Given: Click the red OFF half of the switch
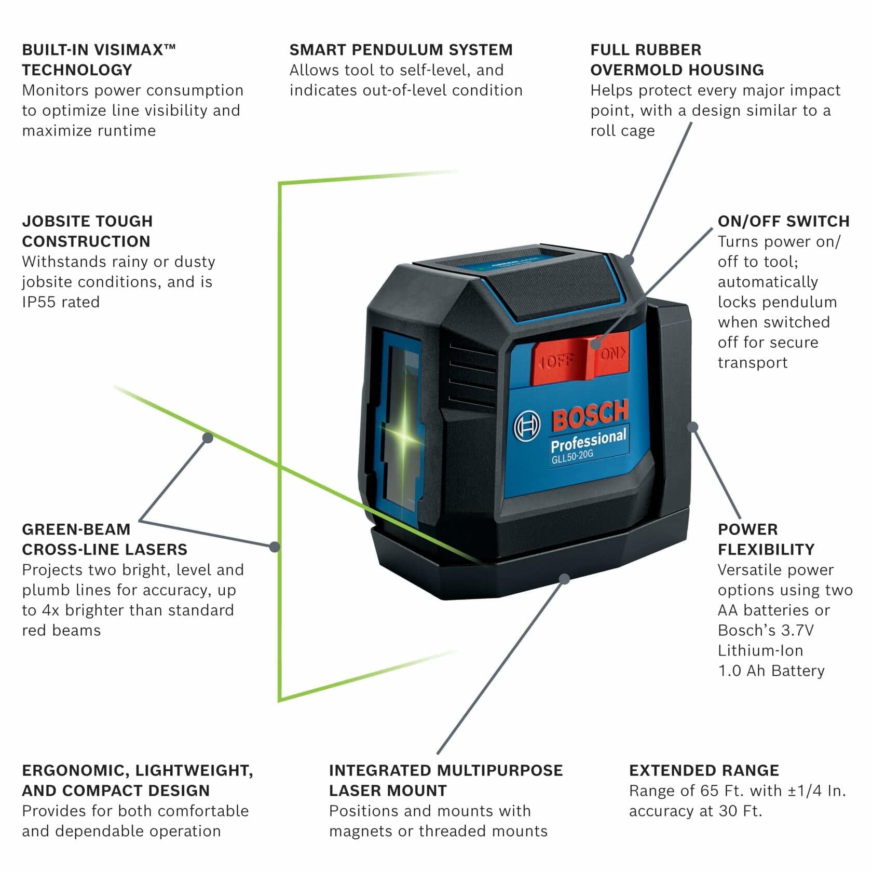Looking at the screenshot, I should [x=558, y=361].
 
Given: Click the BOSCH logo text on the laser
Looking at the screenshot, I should [x=590, y=414].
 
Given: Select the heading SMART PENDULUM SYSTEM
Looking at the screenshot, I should [x=401, y=50].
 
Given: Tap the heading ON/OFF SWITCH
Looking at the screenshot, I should [x=783, y=221].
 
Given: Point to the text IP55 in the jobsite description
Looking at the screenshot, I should [x=38, y=302].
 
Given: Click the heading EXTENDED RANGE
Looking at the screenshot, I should [x=704, y=770].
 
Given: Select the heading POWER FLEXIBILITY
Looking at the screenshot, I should [x=766, y=539].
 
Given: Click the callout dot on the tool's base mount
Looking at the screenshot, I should [x=565, y=578].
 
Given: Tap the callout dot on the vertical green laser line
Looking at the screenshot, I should [x=275, y=547].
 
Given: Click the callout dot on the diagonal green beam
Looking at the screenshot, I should [x=208, y=438].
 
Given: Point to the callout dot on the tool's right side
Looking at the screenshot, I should [x=693, y=427].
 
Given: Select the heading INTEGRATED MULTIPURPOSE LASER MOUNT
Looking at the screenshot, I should [x=445, y=780].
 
